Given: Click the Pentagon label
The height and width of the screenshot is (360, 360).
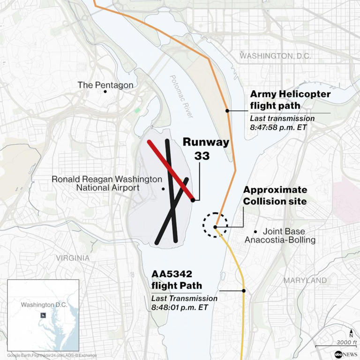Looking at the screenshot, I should coord(105,85).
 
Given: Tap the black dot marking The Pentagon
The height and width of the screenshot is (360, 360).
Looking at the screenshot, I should coord(105,92).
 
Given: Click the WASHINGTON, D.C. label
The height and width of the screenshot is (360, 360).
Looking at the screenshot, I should coord(275,56).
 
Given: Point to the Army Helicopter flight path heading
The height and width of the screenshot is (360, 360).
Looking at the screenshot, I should coord(290,100).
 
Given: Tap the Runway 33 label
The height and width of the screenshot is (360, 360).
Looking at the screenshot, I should coord(205,149).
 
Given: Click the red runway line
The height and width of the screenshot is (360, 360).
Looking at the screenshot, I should coord(171,170).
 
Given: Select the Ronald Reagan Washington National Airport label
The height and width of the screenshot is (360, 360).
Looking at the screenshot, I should coord(107,183).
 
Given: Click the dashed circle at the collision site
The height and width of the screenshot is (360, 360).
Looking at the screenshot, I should coord(215,225).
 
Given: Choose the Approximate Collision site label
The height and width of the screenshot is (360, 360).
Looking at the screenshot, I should coord(275,195).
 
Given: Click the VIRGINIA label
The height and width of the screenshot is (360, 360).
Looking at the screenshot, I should coord(73,258).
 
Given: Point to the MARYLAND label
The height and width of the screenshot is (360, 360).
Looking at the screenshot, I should coord(305,280).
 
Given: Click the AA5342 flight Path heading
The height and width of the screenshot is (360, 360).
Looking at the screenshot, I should coord(176,280).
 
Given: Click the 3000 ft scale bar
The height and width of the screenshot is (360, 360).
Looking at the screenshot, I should coord(335,345).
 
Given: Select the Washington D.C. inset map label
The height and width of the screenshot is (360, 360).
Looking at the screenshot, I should coord(44,305).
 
